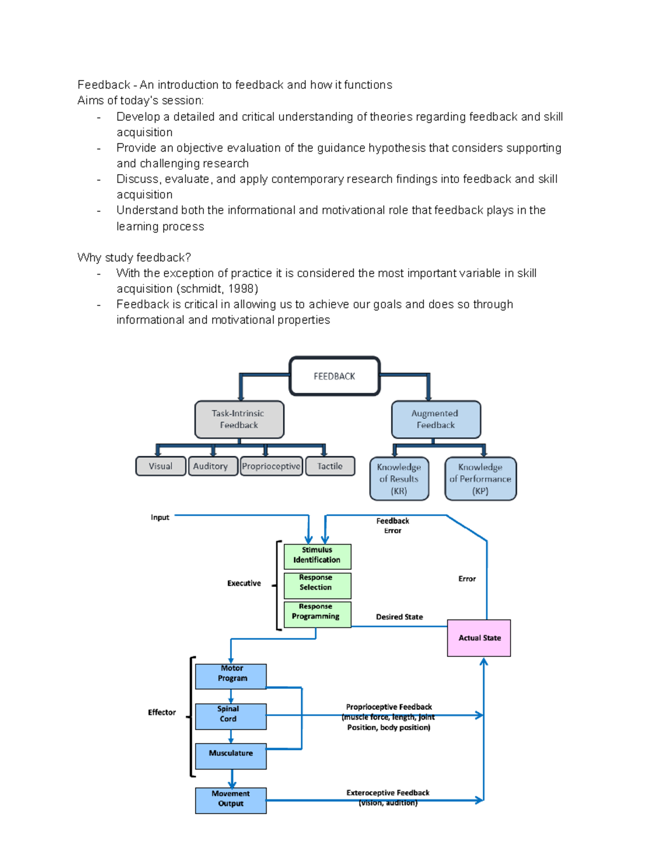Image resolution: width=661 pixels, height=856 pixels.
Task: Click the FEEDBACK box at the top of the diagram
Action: [334, 376]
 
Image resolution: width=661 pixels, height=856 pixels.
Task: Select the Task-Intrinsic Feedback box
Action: [239, 419]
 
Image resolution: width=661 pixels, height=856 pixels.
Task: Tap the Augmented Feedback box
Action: [436, 419]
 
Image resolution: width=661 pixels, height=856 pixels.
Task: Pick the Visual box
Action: [160, 466]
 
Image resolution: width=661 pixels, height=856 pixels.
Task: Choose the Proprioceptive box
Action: [271, 466]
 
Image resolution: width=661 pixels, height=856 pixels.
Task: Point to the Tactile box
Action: [330, 466]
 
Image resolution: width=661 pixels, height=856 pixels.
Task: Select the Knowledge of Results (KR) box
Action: [399, 479]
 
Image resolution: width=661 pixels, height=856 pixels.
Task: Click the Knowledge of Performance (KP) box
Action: [480, 479]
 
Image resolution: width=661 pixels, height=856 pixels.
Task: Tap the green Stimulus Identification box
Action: [317, 556]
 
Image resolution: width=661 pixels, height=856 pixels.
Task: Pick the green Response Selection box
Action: [317, 585]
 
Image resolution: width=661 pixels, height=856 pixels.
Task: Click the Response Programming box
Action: [317, 614]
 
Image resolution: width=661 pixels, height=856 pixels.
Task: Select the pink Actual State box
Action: [479, 638]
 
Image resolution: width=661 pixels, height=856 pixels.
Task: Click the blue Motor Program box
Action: [231, 676]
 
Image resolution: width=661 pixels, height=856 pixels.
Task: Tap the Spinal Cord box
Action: [231, 716]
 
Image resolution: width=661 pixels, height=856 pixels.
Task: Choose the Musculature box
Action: [231, 756]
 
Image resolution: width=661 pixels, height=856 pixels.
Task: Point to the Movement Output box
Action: [231, 800]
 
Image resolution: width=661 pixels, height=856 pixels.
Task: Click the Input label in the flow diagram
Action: [160, 518]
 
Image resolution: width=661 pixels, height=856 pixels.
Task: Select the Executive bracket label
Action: [244, 583]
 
